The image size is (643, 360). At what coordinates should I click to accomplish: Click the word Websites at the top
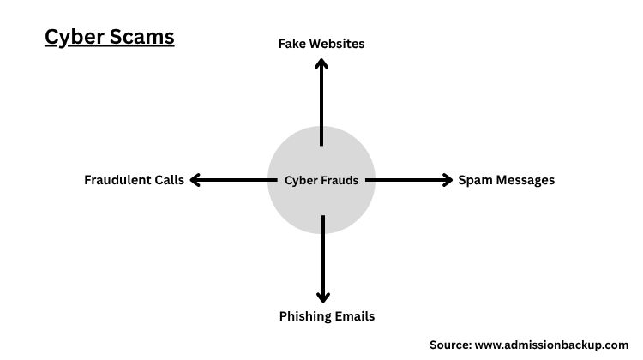338,43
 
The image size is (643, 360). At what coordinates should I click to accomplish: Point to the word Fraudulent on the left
118,180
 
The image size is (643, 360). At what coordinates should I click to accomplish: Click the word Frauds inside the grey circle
339,180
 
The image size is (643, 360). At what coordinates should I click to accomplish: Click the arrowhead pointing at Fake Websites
321,63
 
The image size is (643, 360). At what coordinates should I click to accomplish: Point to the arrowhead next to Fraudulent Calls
195,180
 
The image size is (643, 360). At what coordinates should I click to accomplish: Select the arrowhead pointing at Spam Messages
446,180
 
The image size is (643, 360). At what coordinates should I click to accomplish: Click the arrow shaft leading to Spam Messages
407,180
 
